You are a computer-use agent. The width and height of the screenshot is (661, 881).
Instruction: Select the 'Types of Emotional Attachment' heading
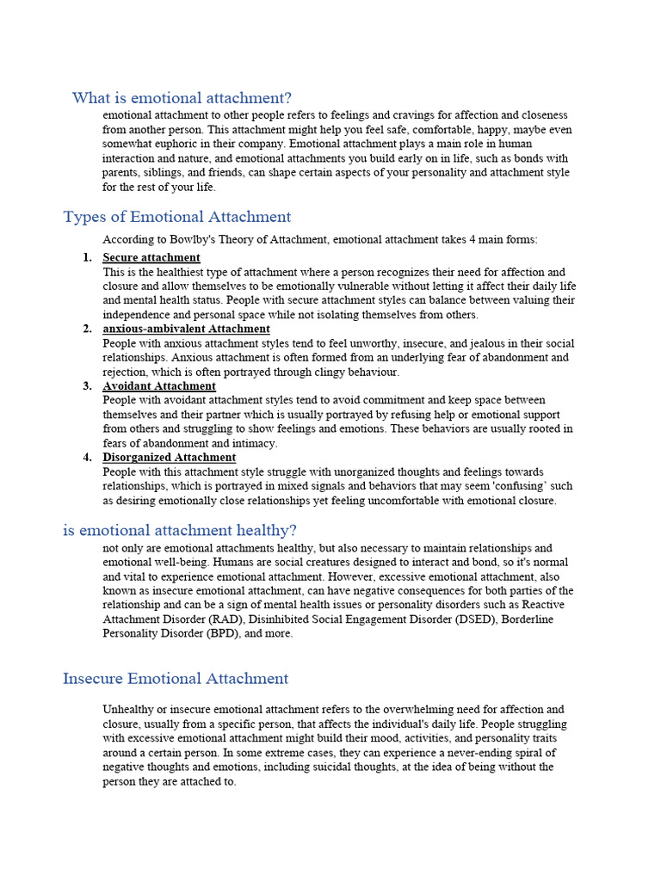(x=176, y=217)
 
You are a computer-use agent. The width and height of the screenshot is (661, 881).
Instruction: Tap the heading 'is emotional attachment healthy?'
(x=179, y=530)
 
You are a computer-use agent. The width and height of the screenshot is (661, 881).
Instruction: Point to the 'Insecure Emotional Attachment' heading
(x=176, y=678)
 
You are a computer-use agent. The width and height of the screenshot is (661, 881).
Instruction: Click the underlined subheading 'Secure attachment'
(x=151, y=257)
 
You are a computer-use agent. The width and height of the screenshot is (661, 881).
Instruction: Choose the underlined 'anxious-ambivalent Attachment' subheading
(x=186, y=329)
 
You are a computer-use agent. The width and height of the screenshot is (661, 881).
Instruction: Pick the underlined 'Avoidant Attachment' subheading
(x=159, y=386)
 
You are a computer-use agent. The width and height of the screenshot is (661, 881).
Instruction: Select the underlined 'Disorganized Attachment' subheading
(x=169, y=458)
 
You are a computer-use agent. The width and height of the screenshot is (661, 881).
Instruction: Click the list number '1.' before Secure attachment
(x=87, y=257)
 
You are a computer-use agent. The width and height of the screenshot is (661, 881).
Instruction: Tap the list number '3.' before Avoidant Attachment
(x=87, y=386)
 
